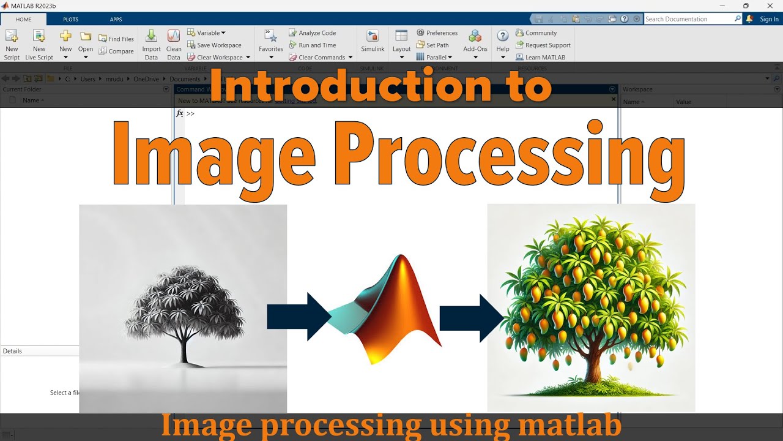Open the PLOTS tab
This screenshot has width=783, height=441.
pos(70,19)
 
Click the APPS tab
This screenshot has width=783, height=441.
pos(116,19)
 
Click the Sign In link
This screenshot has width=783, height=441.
pos(769,19)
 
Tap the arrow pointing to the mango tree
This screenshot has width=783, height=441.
pos(470,317)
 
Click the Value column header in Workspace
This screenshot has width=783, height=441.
pos(683,102)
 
